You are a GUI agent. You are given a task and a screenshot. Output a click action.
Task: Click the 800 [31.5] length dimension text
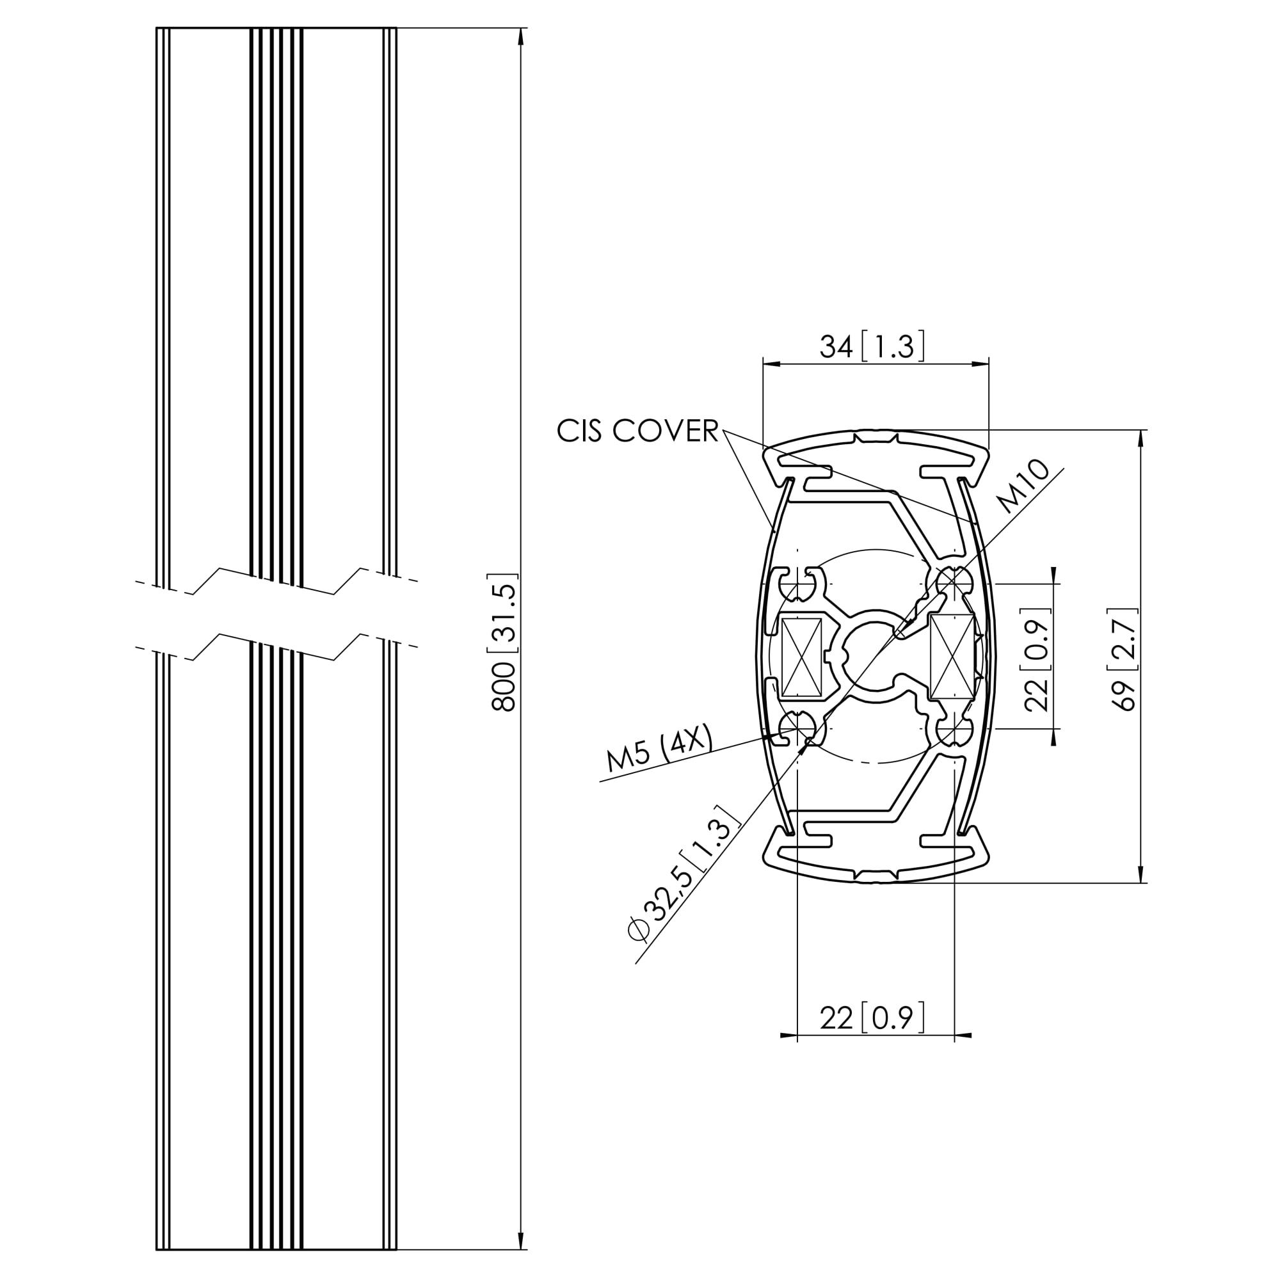pos(504,643)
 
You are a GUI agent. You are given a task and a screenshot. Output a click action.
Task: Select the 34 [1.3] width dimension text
pos(872,346)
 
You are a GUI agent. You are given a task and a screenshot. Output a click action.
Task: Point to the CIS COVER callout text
pos(637,431)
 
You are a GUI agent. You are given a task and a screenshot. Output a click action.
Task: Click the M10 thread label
pos(1024,486)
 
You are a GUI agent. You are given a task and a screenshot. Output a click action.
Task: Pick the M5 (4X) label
pos(660,748)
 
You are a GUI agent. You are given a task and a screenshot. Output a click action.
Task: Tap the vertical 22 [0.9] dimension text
pos(1037,659)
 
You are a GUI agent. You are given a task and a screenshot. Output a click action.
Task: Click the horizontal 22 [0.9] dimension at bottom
pos(872,1017)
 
